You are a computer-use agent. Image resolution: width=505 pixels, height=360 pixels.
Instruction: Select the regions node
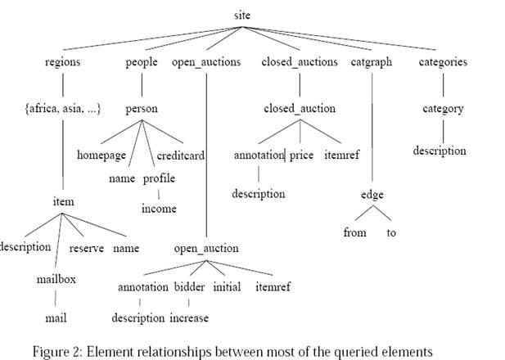point(63,62)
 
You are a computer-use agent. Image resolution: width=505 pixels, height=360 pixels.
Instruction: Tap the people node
point(142,62)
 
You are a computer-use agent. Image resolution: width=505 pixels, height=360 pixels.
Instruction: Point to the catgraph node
point(372,62)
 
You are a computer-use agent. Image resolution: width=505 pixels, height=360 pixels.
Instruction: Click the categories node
point(442,62)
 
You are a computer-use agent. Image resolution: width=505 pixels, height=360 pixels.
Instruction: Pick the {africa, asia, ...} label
point(63,108)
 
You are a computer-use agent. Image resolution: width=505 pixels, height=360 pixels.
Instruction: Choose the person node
point(142,108)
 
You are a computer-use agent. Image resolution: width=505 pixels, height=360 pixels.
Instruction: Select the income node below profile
point(159,209)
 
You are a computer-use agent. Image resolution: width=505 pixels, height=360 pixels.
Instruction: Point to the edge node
point(371,195)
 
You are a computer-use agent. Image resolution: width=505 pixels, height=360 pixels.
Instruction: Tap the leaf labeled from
point(354,232)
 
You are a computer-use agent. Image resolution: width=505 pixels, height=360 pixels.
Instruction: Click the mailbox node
point(56,279)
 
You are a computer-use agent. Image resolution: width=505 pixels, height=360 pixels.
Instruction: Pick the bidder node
point(189,287)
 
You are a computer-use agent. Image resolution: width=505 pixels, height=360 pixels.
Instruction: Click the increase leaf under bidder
point(189,317)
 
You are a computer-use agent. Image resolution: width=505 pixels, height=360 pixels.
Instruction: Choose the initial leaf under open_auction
point(227,287)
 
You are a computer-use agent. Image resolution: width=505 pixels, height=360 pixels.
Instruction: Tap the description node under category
point(440,151)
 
